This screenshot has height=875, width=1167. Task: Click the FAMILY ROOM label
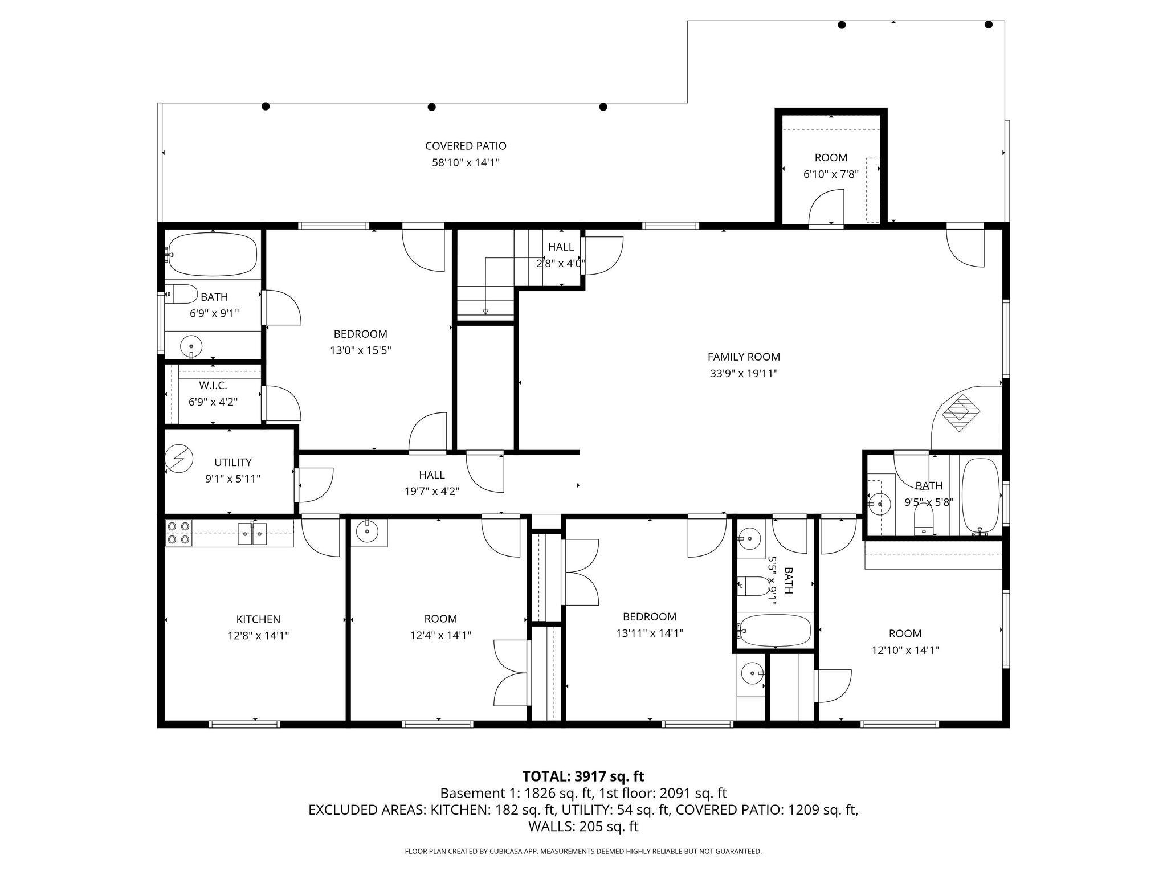pyautogui.click(x=744, y=357)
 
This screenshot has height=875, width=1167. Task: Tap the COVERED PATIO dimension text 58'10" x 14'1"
pyautogui.click(x=466, y=163)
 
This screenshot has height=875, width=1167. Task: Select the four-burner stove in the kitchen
pyautogui.click(x=178, y=533)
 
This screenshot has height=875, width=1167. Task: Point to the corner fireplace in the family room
pyautogui.click(x=961, y=411)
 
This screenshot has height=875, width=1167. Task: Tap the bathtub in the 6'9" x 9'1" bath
pyautogui.click(x=213, y=254)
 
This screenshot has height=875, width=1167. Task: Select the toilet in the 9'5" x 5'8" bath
pyautogui.click(x=923, y=520)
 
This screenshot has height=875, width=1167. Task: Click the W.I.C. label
pyautogui.click(x=213, y=386)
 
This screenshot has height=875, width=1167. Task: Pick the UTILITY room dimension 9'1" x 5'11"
pyautogui.click(x=232, y=479)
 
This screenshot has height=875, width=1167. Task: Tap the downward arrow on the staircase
pyautogui.click(x=485, y=311)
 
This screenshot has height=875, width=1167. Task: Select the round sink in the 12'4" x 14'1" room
pyautogui.click(x=367, y=532)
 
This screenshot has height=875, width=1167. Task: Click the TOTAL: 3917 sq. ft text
pyautogui.click(x=583, y=776)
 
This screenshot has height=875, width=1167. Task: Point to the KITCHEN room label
pyautogui.click(x=258, y=619)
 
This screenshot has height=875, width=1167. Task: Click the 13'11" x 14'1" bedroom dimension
pyautogui.click(x=650, y=633)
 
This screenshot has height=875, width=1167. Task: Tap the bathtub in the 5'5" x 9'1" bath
pyautogui.click(x=774, y=629)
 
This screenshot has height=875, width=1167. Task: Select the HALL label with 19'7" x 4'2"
pyautogui.click(x=432, y=475)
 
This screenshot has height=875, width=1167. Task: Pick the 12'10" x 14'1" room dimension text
pyautogui.click(x=905, y=650)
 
